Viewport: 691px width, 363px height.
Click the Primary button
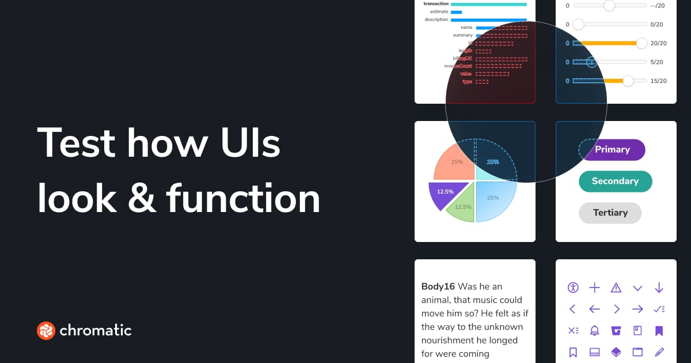pos(612,150)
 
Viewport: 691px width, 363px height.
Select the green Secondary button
pos(615,181)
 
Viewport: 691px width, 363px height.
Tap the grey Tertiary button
pos(610,213)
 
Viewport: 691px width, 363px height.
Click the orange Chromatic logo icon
pos(45,330)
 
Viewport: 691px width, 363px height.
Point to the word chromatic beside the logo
pos(96,330)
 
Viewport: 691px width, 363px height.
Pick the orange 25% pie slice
pos(455,164)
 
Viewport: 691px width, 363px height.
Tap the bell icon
pos(594,330)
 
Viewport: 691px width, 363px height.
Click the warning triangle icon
pos(616,288)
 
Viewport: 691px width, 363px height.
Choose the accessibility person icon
pos(572,288)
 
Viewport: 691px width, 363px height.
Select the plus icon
pos(594,288)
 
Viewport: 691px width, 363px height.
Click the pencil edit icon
pos(659,351)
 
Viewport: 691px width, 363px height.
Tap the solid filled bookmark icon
pos(659,330)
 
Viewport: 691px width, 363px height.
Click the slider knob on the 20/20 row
pos(641,43)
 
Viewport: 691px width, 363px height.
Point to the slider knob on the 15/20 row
pos(628,81)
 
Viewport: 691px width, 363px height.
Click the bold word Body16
pos(438,286)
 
